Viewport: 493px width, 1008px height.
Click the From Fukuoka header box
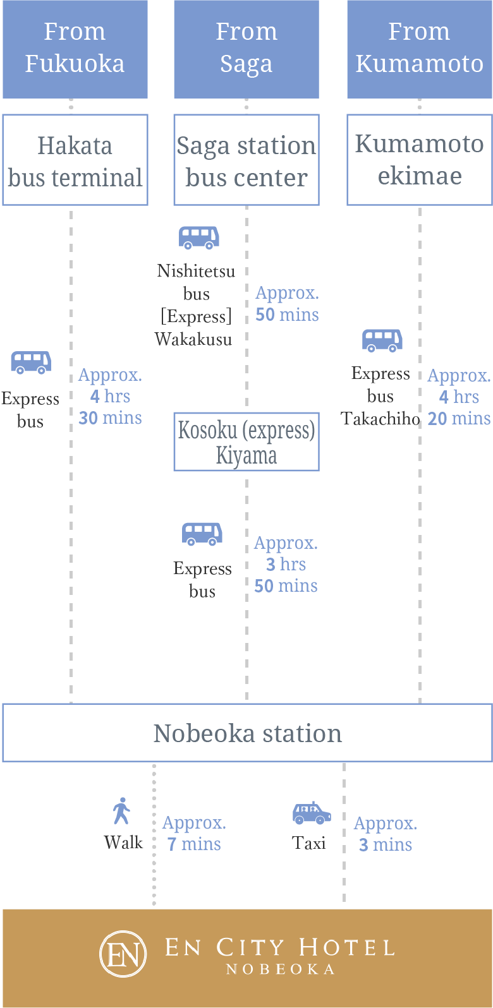click(75, 48)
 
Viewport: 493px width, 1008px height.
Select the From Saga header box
click(246, 48)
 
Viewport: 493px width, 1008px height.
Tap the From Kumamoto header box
click(419, 48)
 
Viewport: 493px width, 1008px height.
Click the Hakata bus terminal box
click(75, 160)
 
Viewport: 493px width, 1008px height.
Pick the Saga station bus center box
click(246, 160)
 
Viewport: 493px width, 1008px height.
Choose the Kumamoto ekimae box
click(419, 159)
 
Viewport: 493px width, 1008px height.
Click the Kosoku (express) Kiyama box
click(246, 442)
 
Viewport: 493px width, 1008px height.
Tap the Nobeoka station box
click(247, 733)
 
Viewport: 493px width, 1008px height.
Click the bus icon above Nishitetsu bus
click(198, 237)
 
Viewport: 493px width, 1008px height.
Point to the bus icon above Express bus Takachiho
click(382, 340)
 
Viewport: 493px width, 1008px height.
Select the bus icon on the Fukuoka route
click(30, 363)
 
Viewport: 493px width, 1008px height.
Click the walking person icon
click(121, 811)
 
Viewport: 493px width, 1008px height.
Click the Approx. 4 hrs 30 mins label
click(110, 396)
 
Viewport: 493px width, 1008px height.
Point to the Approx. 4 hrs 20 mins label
click(459, 397)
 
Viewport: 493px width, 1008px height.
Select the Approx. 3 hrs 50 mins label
click(286, 564)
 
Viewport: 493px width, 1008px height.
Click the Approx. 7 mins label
click(194, 833)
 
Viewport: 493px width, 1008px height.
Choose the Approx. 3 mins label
click(385, 834)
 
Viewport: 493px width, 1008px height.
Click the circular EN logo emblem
click(123, 954)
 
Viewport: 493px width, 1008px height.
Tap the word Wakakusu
click(193, 339)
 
